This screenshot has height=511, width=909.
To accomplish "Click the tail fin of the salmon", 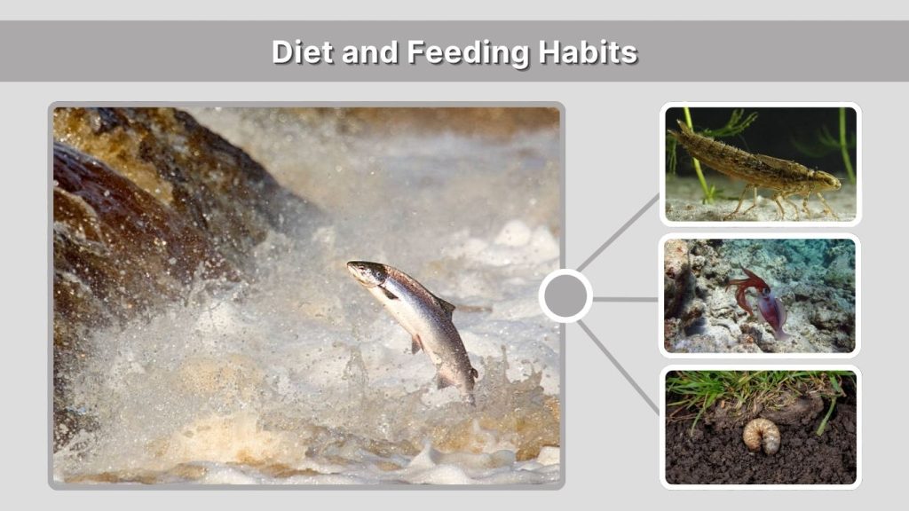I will [465, 381].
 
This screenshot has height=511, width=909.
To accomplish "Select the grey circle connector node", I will [565, 296].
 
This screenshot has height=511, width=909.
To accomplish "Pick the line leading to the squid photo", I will [625, 299].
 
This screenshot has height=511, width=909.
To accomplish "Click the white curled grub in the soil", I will [761, 435].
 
